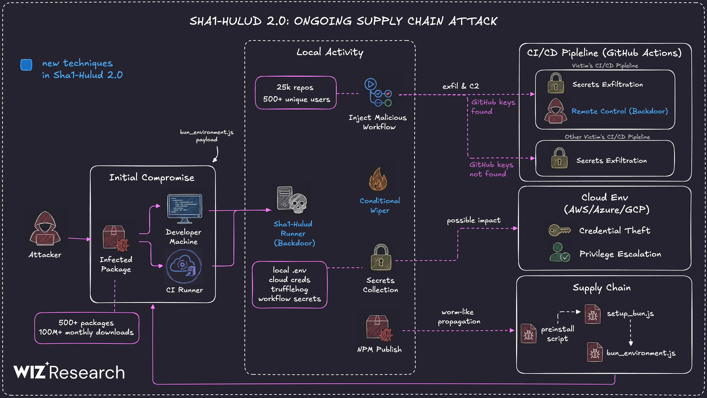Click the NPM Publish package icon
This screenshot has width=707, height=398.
[x=379, y=328]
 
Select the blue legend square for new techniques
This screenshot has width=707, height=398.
[x=26, y=65]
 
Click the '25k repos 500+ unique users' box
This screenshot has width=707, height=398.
[x=296, y=93]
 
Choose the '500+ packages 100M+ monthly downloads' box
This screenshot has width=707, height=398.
[x=86, y=328]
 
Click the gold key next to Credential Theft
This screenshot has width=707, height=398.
[x=559, y=230]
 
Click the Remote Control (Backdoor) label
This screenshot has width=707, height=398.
[x=619, y=111]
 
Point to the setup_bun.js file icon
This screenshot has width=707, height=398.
[x=592, y=314]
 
